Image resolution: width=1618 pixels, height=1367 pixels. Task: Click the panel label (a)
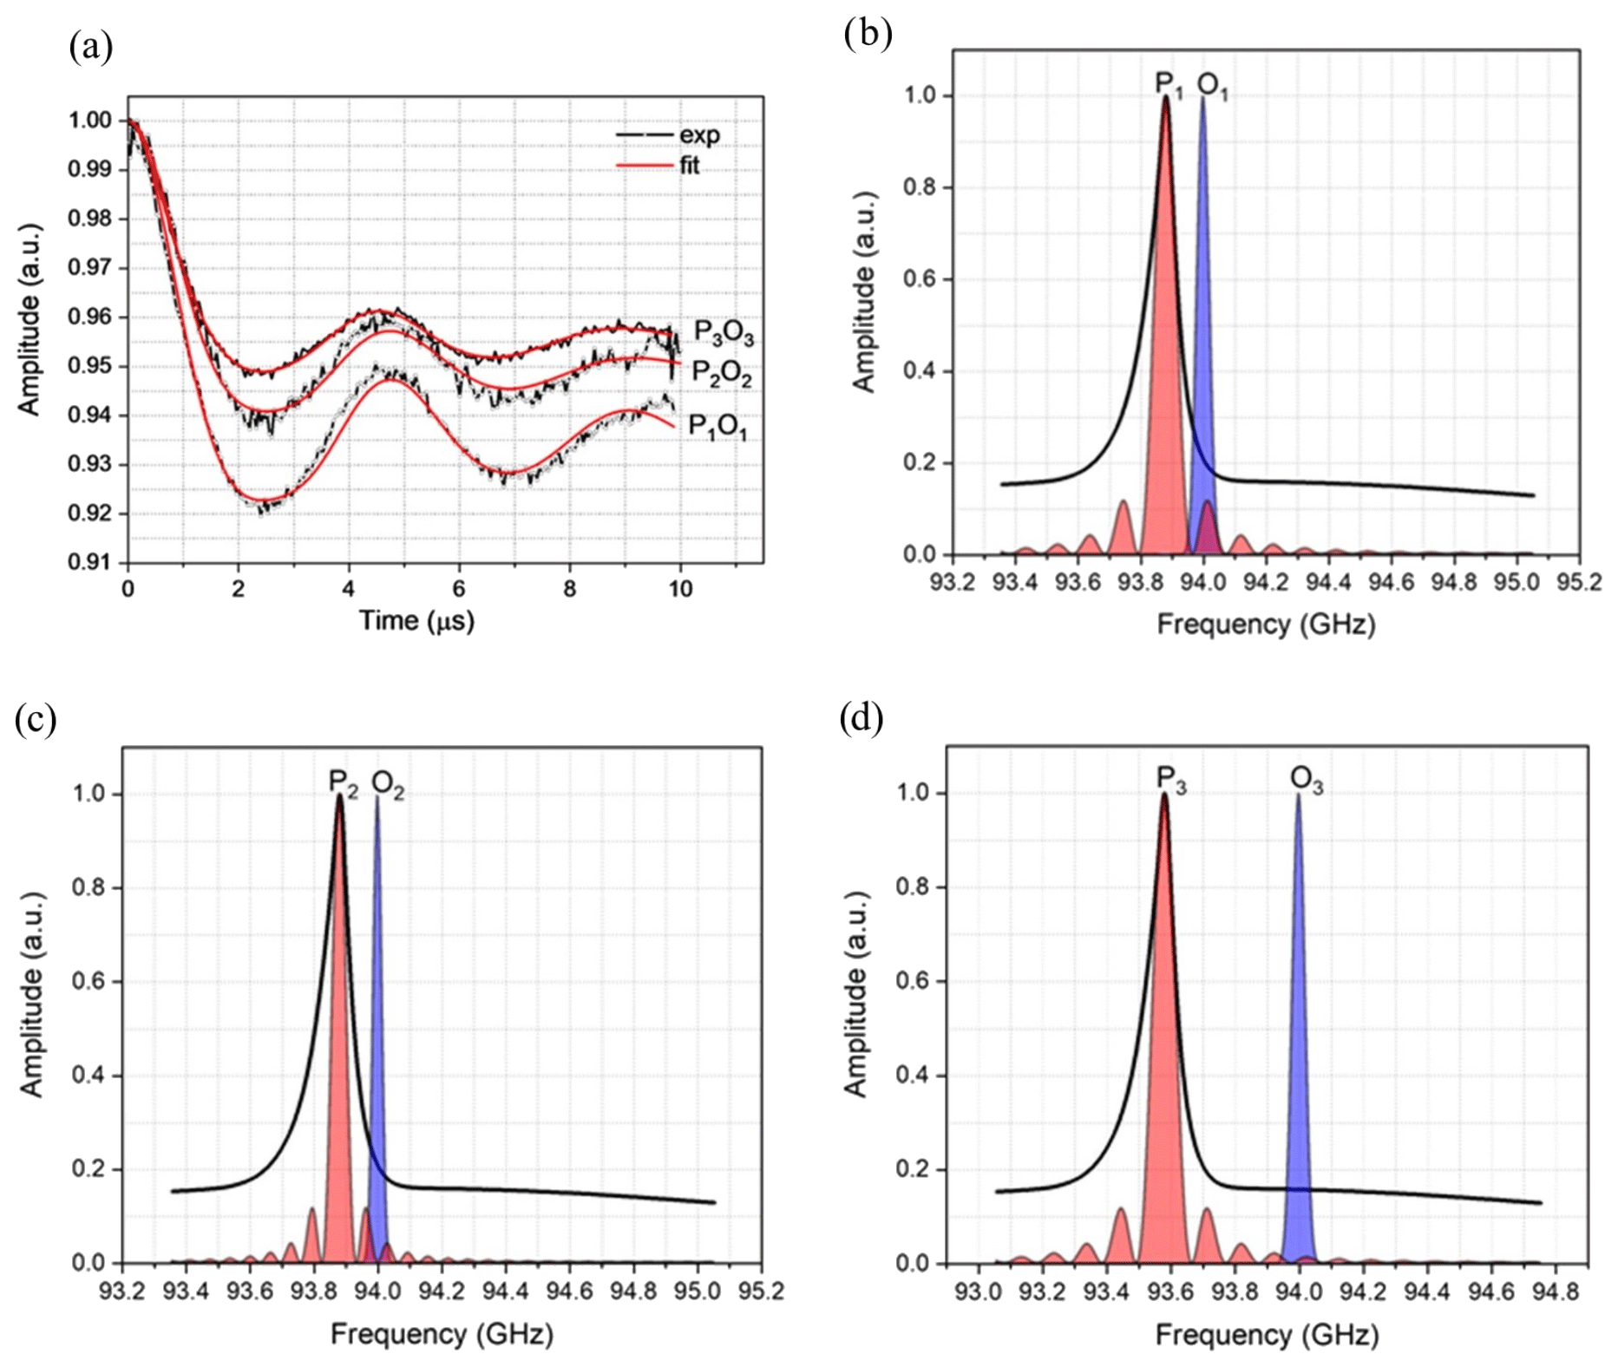point(91,47)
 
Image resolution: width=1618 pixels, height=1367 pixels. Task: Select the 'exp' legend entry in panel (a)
point(698,135)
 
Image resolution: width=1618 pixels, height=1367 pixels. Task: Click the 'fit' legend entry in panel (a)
point(689,165)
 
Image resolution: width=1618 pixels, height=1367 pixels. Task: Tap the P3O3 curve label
point(724,333)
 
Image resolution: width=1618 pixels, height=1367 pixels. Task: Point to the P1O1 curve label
point(717,426)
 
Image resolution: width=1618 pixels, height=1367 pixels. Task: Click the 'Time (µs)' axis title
point(416,620)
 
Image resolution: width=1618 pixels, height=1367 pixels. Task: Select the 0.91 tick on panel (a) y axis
point(90,562)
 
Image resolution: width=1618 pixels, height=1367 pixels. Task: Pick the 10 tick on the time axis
point(680,590)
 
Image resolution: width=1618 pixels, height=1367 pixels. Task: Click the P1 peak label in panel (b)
point(1169,84)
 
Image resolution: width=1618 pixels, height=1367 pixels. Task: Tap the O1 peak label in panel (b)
point(1212,85)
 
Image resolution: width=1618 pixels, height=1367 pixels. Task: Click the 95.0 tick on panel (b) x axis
point(1516,582)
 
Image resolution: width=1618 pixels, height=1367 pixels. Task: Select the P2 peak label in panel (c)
point(343,782)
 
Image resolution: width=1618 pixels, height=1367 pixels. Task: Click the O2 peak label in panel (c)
point(388,784)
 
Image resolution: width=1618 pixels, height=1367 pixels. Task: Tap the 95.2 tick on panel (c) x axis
point(761,1292)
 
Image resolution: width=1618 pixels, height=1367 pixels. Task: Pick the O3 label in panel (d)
point(1307,780)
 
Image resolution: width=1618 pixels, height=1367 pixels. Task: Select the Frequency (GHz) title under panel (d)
point(1267,1334)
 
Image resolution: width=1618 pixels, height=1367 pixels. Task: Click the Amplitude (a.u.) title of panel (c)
point(31,994)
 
